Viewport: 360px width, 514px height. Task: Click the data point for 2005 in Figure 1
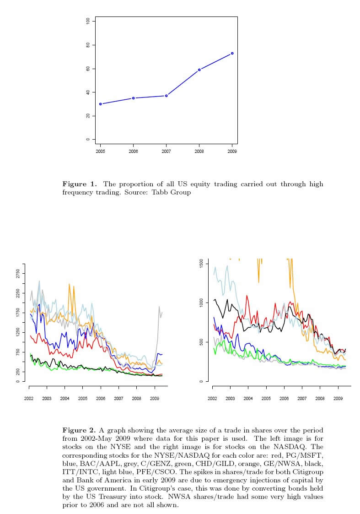(101, 104)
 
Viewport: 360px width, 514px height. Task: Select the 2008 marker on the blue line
(199, 70)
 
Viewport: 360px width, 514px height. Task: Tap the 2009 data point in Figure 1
(232, 53)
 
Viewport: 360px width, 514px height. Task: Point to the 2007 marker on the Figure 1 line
(167, 96)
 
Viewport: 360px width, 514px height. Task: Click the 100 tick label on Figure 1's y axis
(87, 21)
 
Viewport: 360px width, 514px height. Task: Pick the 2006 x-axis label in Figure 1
(134, 151)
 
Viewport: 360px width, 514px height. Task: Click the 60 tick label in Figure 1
(87, 69)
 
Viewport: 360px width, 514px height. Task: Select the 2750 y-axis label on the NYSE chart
(18, 274)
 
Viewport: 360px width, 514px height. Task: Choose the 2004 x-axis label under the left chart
(64, 399)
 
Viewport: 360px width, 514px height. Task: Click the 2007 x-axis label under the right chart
(302, 399)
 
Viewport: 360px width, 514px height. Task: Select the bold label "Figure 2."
(79, 430)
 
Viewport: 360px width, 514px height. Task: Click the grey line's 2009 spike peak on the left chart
(159, 307)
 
